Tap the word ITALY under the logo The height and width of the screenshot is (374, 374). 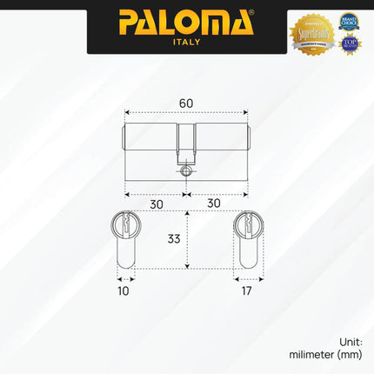click(186, 42)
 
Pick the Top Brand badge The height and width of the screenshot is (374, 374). click(351, 44)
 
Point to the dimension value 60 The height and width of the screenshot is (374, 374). click(185, 102)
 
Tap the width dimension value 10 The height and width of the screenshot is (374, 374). click(123, 291)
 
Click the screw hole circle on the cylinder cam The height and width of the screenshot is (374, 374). click(184, 172)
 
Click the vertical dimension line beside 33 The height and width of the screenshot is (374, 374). click(185, 239)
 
